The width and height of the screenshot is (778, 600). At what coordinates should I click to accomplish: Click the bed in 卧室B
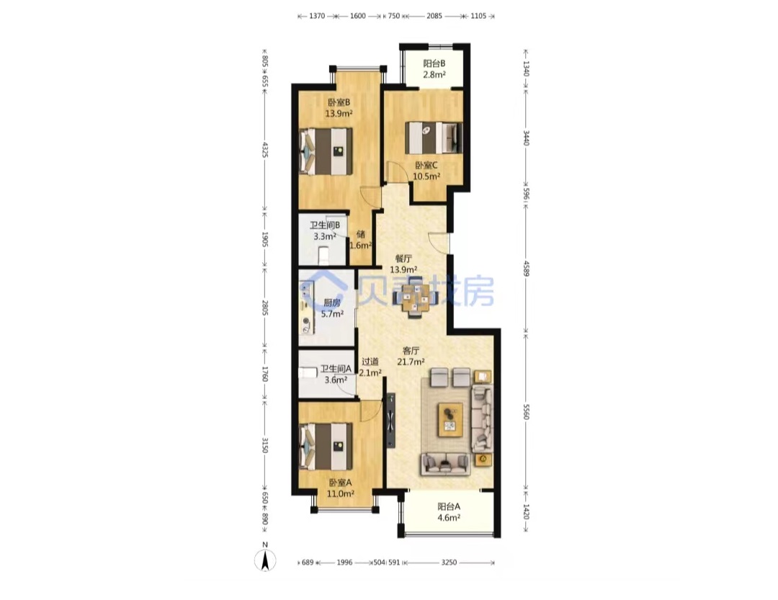click(x=326, y=151)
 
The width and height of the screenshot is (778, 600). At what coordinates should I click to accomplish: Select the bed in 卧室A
click(x=326, y=446)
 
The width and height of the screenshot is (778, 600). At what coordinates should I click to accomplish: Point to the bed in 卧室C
click(x=433, y=138)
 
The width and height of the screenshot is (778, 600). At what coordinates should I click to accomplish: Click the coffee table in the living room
click(x=450, y=420)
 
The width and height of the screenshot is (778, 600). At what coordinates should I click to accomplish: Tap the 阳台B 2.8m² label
click(x=434, y=69)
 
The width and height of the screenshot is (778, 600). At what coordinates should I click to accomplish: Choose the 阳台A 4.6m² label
click(x=449, y=512)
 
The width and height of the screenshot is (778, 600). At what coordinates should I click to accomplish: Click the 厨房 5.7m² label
click(x=332, y=308)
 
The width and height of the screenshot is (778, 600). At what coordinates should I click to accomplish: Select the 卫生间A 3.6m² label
click(x=336, y=375)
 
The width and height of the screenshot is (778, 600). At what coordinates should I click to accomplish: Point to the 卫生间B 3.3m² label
click(x=324, y=230)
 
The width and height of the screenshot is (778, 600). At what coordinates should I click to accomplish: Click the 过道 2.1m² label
click(x=370, y=367)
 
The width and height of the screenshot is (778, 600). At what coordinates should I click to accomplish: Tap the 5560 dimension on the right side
click(x=527, y=411)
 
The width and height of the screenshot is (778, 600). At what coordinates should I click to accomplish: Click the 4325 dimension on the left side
click(x=265, y=149)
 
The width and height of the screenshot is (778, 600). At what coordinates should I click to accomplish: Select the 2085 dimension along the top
click(x=434, y=16)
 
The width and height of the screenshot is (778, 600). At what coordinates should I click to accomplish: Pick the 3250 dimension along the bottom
click(x=449, y=563)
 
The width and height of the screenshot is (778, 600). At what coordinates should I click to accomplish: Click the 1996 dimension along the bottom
click(x=344, y=563)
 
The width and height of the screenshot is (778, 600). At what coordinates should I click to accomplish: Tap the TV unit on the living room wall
click(x=391, y=421)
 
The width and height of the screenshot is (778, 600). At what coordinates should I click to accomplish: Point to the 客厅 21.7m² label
click(x=411, y=356)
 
